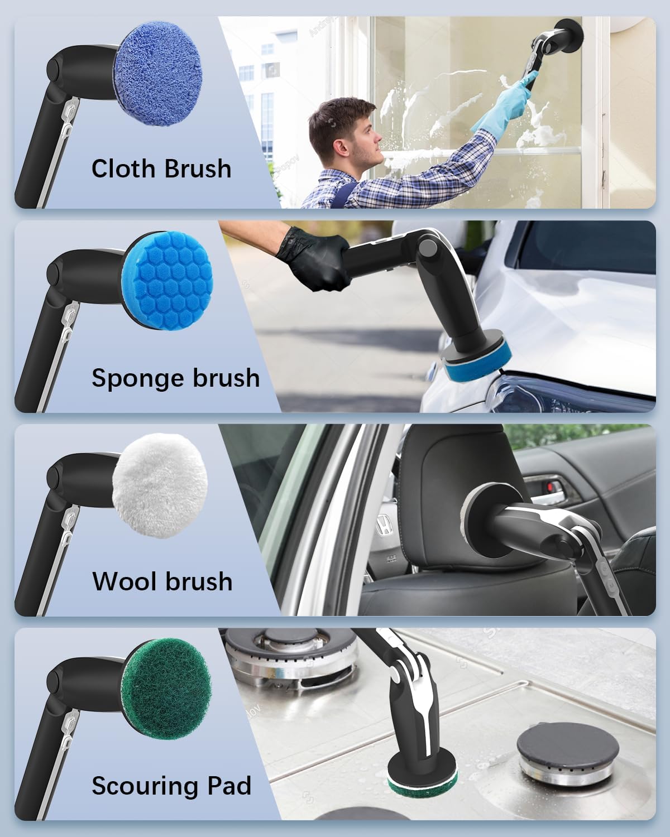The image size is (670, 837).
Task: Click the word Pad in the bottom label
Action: click(229, 786)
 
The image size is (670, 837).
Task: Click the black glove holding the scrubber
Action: click(313, 259)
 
